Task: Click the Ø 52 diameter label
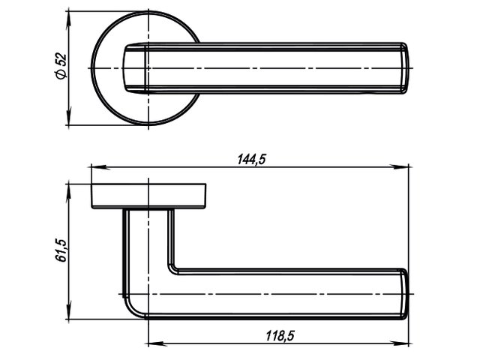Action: tap(61, 67)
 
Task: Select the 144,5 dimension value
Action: tap(252, 160)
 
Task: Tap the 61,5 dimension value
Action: tap(61, 250)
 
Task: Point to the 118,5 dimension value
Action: tap(280, 336)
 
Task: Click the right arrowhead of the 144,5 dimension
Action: tap(400, 167)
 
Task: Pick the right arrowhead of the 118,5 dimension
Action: tap(400, 343)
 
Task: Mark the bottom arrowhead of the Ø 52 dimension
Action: tap(69, 116)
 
